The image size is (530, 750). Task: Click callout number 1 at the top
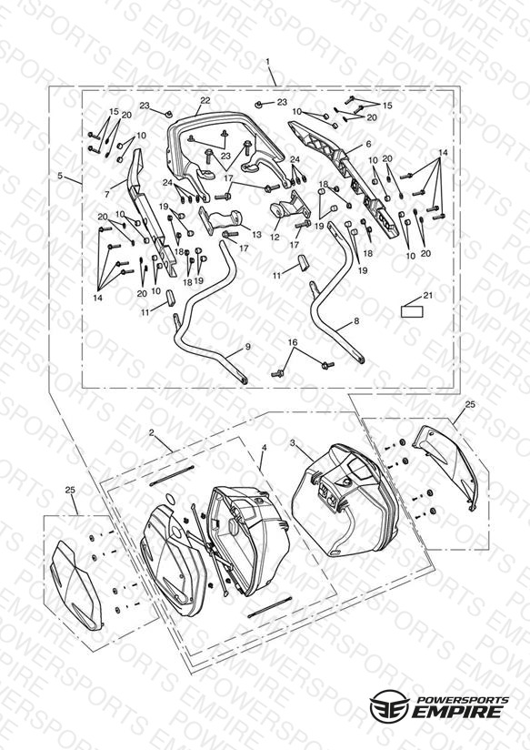pyautogui.click(x=267, y=61)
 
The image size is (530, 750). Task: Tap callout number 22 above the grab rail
pyautogui.click(x=205, y=100)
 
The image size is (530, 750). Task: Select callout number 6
pyautogui.click(x=368, y=144)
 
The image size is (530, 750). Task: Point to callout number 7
pyautogui.click(x=107, y=194)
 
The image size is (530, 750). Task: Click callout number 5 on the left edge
pyautogui.click(x=60, y=176)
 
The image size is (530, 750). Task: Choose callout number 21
pyautogui.click(x=428, y=295)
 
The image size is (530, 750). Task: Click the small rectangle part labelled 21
pyautogui.click(x=412, y=312)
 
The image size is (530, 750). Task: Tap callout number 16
pyautogui.click(x=293, y=342)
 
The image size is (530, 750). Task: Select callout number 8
pyautogui.click(x=356, y=321)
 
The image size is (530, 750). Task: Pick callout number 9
pyautogui.click(x=247, y=347)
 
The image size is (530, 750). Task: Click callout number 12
pyautogui.click(x=275, y=237)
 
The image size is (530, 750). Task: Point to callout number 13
pyautogui.click(x=256, y=235)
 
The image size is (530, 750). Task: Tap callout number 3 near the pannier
pyautogui.click(x=293, y=443)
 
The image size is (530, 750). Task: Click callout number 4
pyautogui.click(x=264, y=447)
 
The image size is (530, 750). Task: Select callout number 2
pyautogui.click(x=152, y=433)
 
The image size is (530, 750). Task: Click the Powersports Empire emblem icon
pyautogui.click(x=390, y=704)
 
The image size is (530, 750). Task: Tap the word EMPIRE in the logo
pyautogui.click(x=457, y=711)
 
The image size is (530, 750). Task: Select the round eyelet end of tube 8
pyautogui.click(x=360, y=360)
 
